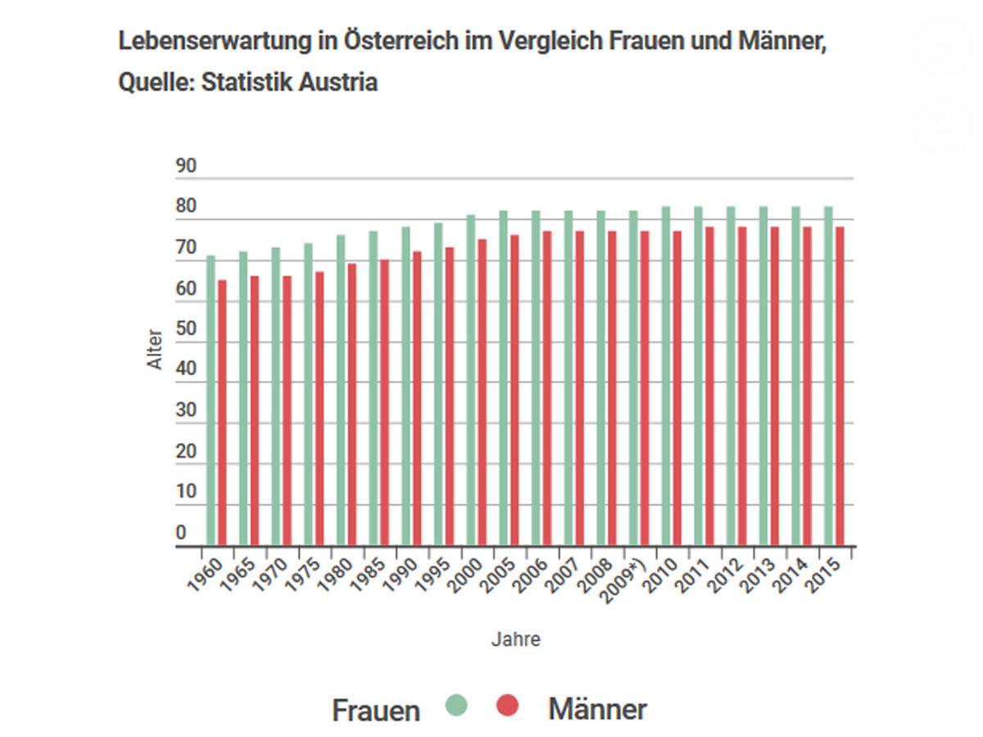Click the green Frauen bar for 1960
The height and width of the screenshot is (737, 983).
(211, 401)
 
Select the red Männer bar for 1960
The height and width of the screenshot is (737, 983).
(222, 414)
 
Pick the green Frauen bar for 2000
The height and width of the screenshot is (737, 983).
(471, 381)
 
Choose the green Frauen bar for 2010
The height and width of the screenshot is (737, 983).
(666, 377)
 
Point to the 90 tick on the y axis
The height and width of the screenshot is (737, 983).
(186, 167)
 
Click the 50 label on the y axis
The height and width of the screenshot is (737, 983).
(186, 329)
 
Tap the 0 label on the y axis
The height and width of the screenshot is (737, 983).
(180, 533)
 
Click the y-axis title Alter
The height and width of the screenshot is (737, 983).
(156, 350)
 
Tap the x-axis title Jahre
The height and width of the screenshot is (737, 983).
(515, 640)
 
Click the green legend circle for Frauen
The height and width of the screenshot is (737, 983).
(456, 705)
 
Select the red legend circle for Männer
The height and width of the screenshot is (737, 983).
(508, 705)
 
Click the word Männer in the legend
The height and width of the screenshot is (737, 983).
(597, 709)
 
